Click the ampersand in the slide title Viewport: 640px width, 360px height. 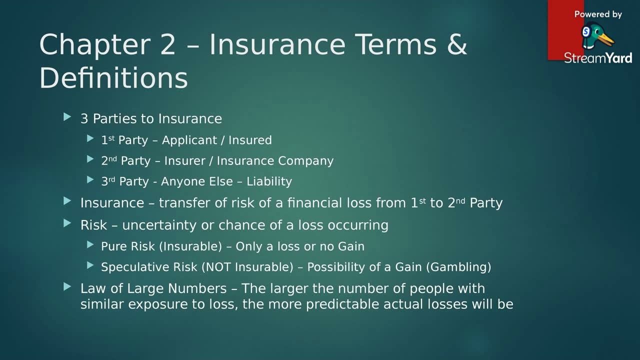tap(456, 44)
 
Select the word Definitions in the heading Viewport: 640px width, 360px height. tap(113, 78)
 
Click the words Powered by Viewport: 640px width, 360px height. tap(598, 14)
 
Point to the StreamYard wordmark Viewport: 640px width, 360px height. tap(598, 57)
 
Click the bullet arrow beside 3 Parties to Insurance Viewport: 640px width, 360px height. tap(68, 117)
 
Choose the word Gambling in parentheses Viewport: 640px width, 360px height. tap(458, 267)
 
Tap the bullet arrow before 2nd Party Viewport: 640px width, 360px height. tap(90, 159)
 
